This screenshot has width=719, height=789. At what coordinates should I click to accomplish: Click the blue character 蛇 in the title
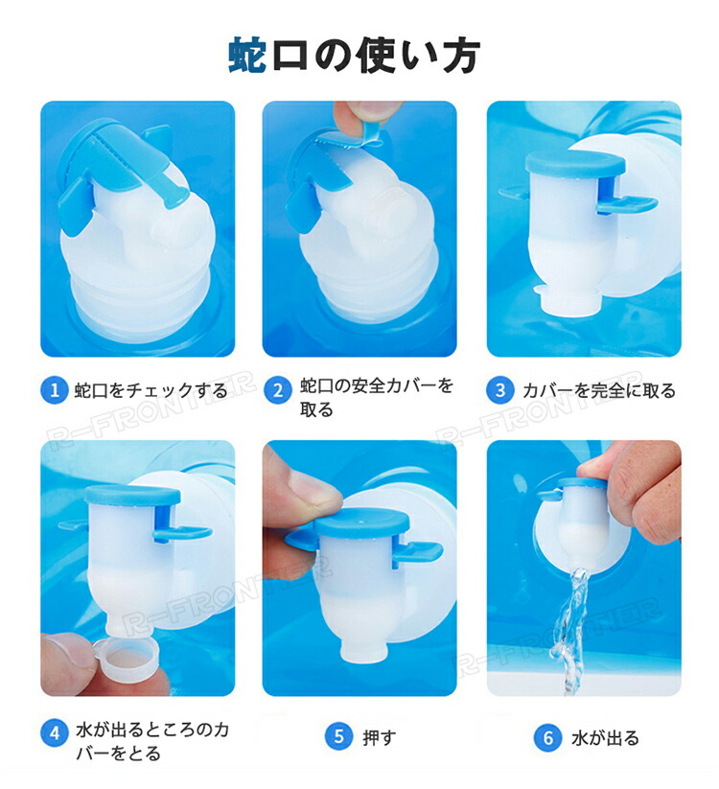tap(247, 55)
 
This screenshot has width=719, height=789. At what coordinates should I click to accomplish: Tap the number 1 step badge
tap(55, 390)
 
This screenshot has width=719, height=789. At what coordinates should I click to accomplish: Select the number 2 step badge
tap(278, 390)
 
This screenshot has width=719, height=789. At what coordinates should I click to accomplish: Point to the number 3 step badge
tap(500, 390)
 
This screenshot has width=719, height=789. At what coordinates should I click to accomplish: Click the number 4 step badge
tap(55, 733)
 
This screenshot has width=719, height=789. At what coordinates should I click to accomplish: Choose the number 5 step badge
tap(338, 737)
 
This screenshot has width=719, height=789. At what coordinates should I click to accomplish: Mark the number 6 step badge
tap(547, 738)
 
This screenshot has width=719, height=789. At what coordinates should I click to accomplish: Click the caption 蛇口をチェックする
tap(151, 390)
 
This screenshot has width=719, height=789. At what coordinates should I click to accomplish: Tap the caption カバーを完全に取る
tap(599, 390)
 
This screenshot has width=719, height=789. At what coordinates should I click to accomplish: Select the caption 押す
tap(380, 737)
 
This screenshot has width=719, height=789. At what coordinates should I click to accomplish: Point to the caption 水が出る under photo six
tap(605, 738)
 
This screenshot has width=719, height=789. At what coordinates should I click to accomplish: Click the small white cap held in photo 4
tap(130, 657)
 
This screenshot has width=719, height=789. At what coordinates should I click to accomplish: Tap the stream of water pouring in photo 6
tap(571, 629)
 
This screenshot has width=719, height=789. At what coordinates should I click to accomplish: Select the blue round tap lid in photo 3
tap(574, 165)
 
